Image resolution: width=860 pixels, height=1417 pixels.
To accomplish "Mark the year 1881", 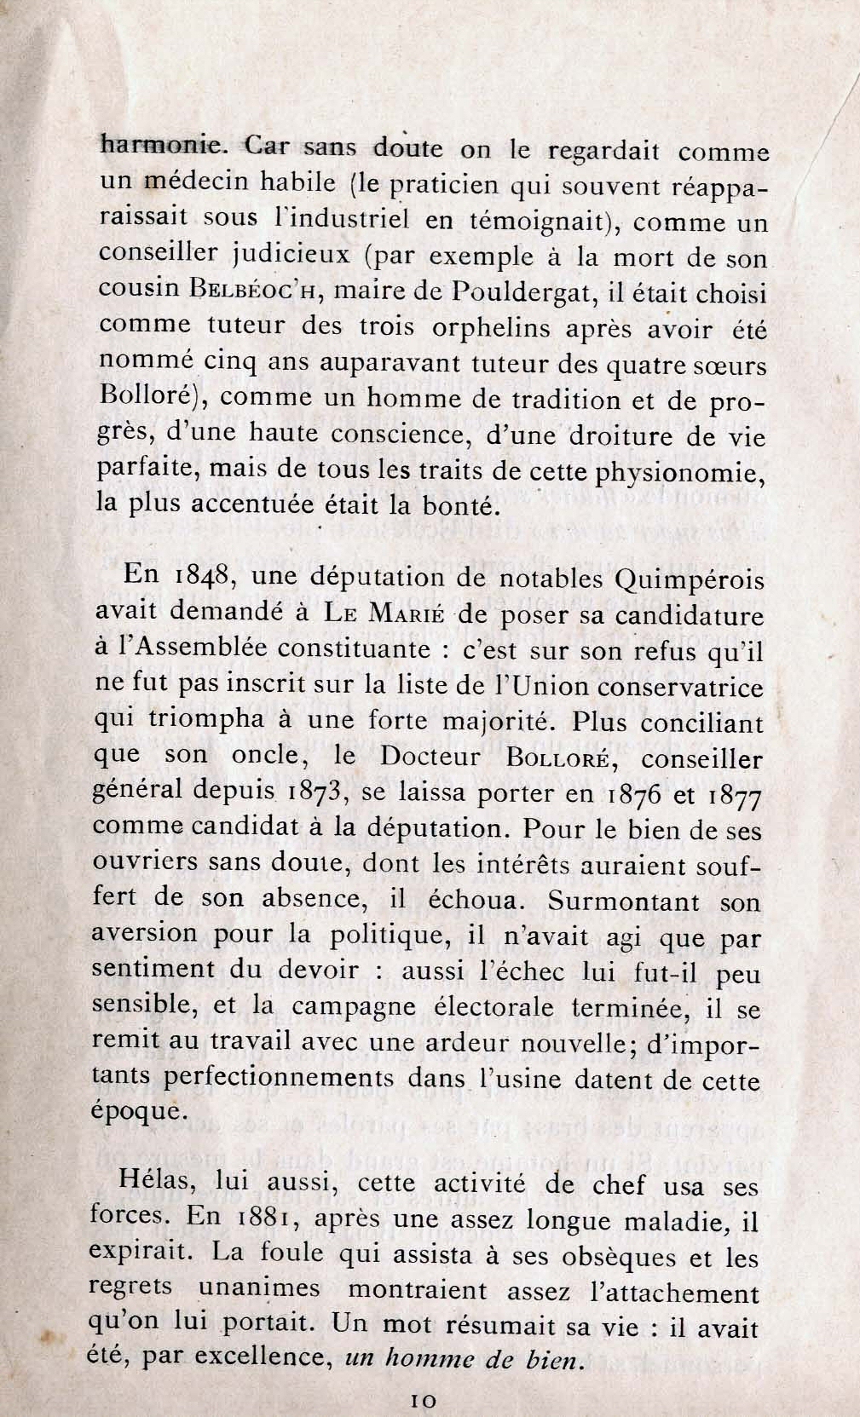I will (262, 1219).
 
